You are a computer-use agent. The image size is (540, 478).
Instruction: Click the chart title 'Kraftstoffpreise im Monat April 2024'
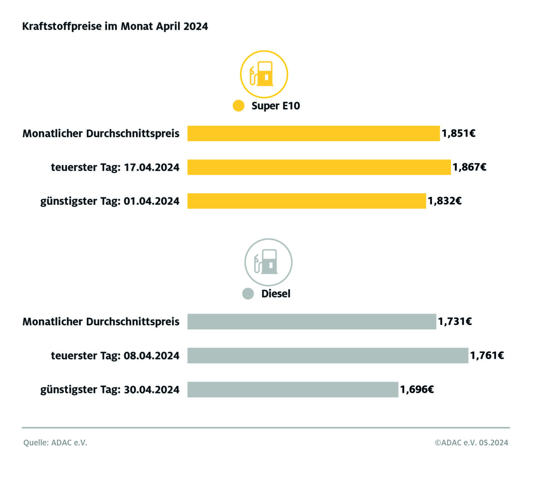[115, 27]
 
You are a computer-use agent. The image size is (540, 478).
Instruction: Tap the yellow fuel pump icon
[264, 74]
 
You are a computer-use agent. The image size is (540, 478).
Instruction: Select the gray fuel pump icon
[268, 262]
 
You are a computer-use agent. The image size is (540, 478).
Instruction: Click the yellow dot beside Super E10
[238, 106]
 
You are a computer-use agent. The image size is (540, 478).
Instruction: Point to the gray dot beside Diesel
[248, 293]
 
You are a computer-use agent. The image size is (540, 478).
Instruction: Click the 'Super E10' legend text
[276, 106]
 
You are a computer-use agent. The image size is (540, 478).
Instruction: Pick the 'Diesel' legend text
[276, 293]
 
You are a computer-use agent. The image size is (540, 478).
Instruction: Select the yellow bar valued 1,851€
[313, 133]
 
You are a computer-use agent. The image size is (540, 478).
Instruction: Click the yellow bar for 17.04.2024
[319, 167]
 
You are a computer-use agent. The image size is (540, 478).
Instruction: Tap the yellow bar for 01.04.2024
[307, 201]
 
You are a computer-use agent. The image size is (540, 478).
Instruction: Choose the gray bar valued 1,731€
[311, 322]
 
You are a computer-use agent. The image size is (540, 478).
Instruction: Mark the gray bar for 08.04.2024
[328, 355]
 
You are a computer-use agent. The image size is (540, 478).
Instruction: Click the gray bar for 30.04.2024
[293, 389]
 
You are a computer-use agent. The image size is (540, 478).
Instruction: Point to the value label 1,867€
[469, 167]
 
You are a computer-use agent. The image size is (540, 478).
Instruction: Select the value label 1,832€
[444, 201]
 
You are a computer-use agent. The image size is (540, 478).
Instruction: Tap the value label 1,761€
[487, 355]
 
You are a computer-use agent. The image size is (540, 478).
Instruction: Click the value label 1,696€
[417, 389]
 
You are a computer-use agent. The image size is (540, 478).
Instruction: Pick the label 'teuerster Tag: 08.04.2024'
[115, 355]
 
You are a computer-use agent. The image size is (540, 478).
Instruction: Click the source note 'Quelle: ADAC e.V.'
[55, 443]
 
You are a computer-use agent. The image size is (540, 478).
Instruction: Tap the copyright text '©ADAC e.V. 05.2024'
[471, 443]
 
